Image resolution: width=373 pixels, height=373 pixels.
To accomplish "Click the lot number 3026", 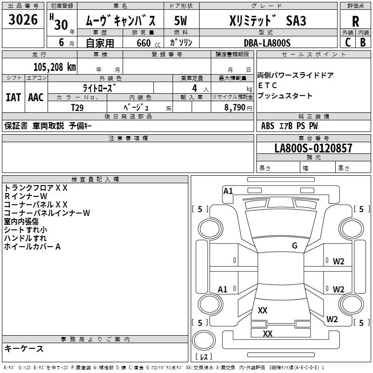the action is pos(23,20).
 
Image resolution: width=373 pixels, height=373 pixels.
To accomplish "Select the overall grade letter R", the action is pos(355,21).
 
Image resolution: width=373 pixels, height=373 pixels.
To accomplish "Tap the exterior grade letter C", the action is pos(347,42).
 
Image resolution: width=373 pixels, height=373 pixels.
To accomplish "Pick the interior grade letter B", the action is pos(363,42).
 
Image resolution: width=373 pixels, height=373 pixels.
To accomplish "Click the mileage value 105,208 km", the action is pos(54,67).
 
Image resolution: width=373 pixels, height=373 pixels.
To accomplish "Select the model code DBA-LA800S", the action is pos(267,43).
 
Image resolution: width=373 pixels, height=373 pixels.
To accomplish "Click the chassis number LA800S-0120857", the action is pos(313,148).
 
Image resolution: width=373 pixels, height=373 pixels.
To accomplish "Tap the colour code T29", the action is pos(77,107).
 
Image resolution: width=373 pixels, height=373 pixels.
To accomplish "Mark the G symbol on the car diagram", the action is pos(295,246).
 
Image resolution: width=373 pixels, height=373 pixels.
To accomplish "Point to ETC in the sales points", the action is pos(268,86).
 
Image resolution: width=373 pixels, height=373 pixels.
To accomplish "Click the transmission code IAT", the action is pos(14,97).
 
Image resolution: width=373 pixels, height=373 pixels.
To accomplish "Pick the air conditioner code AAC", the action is pos(36,97).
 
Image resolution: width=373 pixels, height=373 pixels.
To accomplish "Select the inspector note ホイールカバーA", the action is pos(33,247).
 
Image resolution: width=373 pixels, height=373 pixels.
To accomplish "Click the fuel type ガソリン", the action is pos(182,42).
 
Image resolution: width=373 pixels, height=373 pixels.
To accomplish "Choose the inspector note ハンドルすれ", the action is pos(25,238).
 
